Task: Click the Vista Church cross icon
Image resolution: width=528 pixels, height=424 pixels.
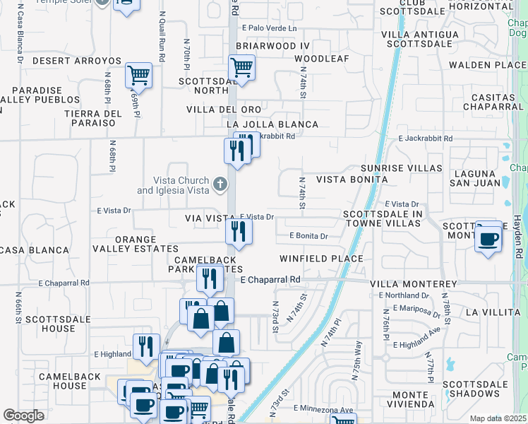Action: click(x=220, y=185)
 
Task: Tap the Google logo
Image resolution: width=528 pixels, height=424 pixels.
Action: click(x=23, y=416)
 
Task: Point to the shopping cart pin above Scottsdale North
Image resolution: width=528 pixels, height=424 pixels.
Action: click(x=241, y=68)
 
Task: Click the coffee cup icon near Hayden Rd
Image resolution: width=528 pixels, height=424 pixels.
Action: click(x=488, y=238)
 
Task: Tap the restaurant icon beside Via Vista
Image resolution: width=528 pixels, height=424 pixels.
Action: click(x=239, y=230)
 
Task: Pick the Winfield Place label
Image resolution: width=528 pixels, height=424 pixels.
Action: click(x=321, y=259)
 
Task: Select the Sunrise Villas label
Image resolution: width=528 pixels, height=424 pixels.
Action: click(x=401, y=169)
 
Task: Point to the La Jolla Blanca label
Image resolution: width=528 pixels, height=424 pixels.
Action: click(x=272, y=124)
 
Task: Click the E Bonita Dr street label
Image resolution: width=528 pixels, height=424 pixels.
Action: click(x=308, y=236)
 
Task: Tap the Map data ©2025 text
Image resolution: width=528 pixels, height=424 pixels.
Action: click(x=498, y=418)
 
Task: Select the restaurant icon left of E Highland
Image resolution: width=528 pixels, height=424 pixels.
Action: click(x=145, y=345)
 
